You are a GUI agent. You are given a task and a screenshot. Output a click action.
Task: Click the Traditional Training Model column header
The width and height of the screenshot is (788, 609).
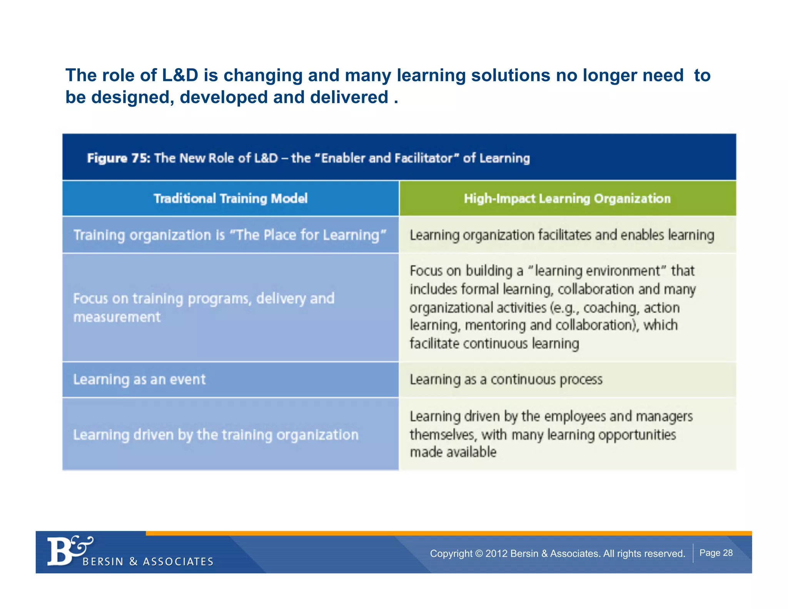[230, 199]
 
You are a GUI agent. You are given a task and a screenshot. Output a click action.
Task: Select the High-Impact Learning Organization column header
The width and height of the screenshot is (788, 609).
[567, 199]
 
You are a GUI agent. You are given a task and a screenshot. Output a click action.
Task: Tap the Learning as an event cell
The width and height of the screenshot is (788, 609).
[139, 380]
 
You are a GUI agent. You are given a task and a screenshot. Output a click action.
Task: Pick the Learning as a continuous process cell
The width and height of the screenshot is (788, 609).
[506, 380]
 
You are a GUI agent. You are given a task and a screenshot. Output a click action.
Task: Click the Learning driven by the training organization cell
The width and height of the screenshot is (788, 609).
[215, 435]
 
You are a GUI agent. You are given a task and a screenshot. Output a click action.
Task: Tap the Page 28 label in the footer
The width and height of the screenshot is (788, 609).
[716, 553]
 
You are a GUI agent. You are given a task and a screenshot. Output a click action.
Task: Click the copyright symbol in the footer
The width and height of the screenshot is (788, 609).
[479, 554]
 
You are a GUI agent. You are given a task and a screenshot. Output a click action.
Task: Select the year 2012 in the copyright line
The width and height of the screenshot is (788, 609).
[496, 554]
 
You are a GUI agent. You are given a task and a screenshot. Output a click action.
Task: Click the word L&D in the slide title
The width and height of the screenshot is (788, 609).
[180, 75]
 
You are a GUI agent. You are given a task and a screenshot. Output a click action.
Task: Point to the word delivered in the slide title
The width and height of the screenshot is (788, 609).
[349, 97]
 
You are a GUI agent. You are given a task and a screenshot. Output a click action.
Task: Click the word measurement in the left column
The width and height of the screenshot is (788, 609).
[117, 317]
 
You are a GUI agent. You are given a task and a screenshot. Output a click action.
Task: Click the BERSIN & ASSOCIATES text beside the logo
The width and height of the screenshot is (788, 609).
[148, 562]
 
